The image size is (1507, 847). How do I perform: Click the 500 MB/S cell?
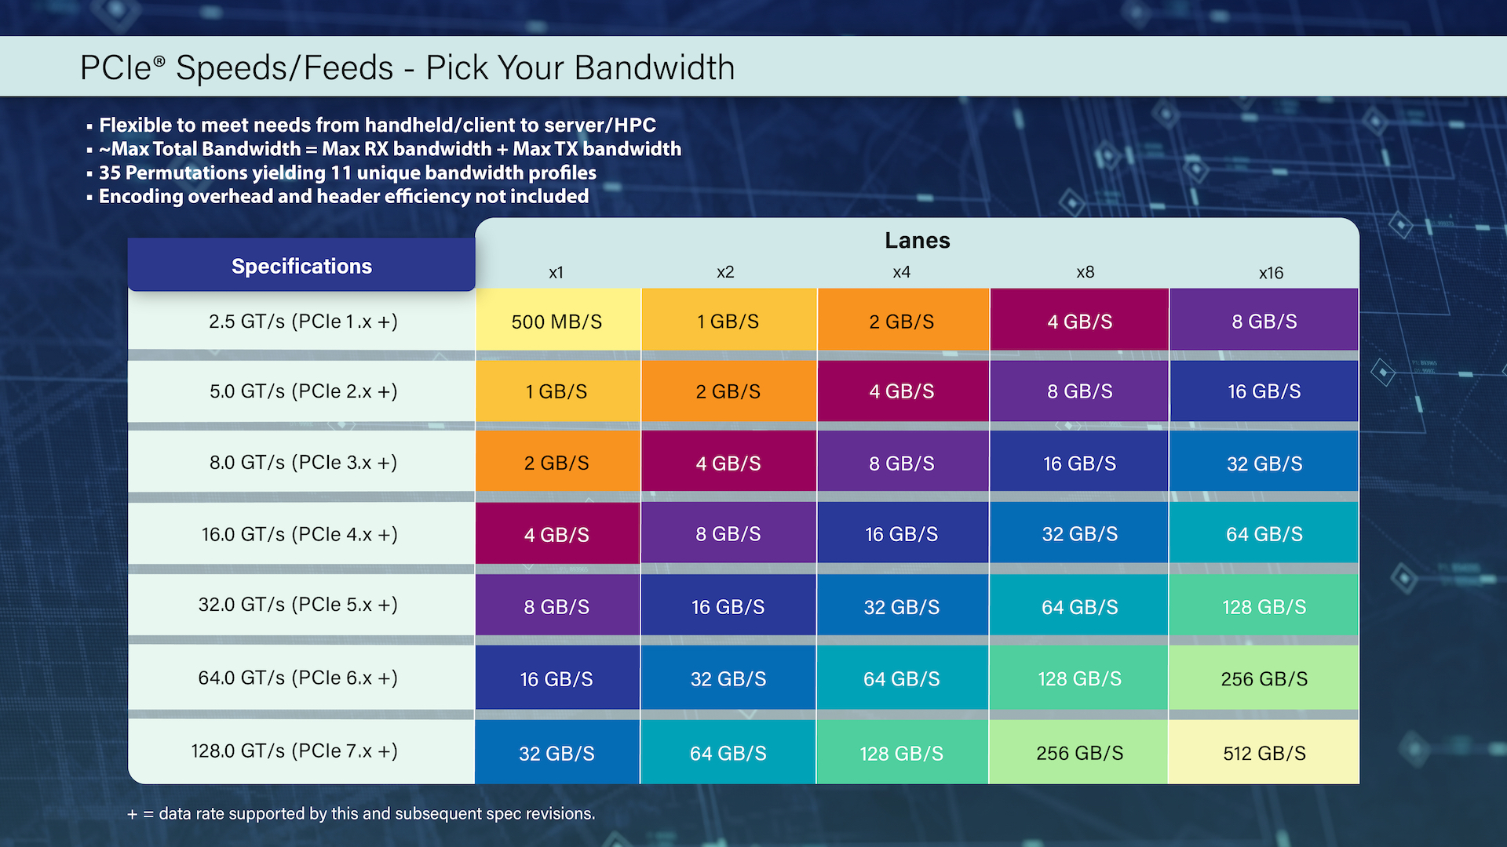[556, 322]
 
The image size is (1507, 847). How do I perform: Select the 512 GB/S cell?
[1264, 753]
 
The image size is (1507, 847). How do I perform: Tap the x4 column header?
[901, 272]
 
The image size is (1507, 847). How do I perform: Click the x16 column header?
[1271, 273]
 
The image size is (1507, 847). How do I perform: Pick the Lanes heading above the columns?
[917, 240]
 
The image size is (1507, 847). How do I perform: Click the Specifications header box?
[301, 266]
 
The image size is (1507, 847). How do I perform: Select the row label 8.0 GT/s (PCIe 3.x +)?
[303, 462]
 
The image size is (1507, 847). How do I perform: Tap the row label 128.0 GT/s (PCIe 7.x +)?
[294, 751]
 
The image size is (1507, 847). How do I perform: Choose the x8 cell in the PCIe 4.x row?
[1079, 534]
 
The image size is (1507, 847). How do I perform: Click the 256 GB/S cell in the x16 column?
[1264, 678]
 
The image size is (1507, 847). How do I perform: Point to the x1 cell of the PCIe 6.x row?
[556, 678]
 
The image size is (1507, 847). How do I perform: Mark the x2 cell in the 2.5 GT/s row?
[728, 322]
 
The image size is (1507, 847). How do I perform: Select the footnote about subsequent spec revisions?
[361, 813]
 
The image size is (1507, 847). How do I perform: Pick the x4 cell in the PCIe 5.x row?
[901, 607]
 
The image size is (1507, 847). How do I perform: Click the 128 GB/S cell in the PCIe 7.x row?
[901, 753]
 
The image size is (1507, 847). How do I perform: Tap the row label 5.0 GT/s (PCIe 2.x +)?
[303, 391]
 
